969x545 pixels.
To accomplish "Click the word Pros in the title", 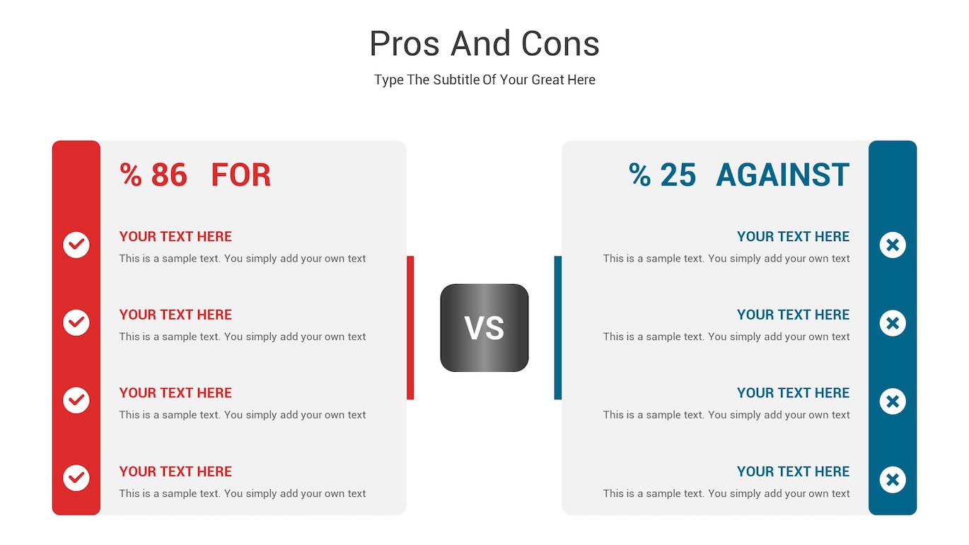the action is point(405,44).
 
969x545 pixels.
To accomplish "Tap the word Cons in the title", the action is point(560,44).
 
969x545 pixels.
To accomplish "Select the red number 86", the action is point(169,175).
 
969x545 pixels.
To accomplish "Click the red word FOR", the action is point(241,175).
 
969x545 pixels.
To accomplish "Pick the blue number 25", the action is point(678,175).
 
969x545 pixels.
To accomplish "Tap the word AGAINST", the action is point(782,175).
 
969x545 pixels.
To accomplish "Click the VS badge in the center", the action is point(484,327).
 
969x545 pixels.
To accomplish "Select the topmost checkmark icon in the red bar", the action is point(76,245).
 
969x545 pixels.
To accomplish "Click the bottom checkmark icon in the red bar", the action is point(76,478).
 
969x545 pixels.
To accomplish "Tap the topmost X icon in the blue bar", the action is point(893,245).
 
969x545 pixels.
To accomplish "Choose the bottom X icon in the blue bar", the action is point(893,480).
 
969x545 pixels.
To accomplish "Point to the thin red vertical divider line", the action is point(410,327).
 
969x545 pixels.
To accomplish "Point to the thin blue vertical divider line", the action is point(558,327).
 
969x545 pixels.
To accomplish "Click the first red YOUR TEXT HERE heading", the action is point(175,236).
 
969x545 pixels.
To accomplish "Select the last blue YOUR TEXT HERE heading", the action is point(794,471).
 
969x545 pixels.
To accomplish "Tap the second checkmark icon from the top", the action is point(76,322).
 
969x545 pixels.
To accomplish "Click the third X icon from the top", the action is point(893,401).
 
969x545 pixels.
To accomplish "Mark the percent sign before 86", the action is point(131,175).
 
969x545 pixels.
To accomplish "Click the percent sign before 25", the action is point(640,175).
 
